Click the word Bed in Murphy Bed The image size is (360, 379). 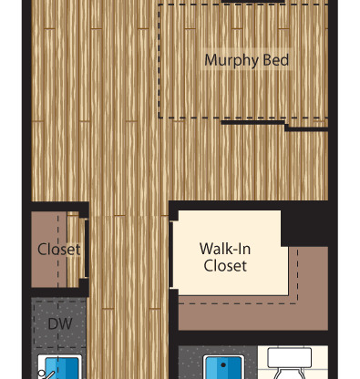tap(276, 60)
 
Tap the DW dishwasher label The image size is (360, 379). tap(60, 324)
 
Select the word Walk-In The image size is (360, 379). tap(225, 249)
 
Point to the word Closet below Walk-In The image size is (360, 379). tap(225, 265)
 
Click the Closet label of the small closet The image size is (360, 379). tap(59, 250)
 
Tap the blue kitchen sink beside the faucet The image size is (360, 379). tap(62, 368)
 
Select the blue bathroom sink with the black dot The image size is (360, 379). tap(223, 367)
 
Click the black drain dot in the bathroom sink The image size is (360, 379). tap(223, 365)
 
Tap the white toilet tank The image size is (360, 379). tap(289, 358)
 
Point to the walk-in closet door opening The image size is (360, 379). tap(171, 254)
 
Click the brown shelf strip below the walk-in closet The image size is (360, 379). tap(253, 317)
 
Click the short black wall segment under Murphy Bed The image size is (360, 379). tap(252, 122)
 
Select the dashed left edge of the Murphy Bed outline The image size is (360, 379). tap(159, 61)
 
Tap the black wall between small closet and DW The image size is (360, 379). tap(59, 292)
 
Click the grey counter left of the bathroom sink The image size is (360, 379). tap(190, 363)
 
